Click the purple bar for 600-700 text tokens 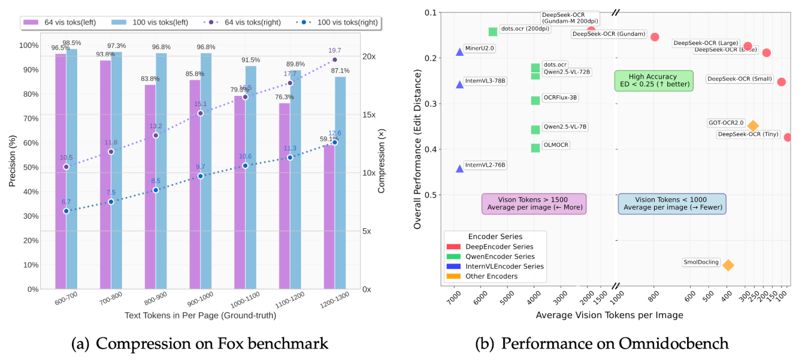tap(60, 171)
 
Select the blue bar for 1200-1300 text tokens tap(340, 183)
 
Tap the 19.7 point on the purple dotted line tap(334, 60)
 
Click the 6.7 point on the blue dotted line tap(66, 211)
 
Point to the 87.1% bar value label tap(340, 71)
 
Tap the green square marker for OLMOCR tap(535, 148)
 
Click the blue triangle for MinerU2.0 tap(459, 52)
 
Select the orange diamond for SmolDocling tap(728, 265)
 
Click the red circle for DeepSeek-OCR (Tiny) tap(788, 137)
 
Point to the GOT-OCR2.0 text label tap(726, 123)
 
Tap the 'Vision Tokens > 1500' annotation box tap(533, 204)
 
